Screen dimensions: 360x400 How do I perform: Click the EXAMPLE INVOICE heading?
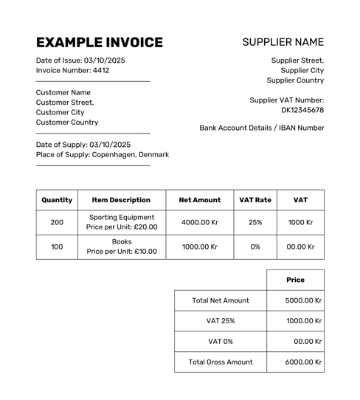100,42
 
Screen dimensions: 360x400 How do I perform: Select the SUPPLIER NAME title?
283,42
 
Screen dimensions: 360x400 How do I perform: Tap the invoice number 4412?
101,71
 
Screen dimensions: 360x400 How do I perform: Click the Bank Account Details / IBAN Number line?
261,128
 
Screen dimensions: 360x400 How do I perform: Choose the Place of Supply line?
102,155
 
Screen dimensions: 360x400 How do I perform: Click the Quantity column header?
57,200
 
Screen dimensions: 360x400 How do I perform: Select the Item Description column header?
121,200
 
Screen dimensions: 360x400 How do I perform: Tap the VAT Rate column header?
255,200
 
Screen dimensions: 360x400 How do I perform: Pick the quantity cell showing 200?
57,222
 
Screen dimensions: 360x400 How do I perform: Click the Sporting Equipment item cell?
122,222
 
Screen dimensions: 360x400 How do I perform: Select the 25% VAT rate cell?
255,222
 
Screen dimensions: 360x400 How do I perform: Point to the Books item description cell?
122,246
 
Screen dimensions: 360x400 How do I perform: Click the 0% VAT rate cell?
255,246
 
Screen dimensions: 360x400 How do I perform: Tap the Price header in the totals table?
295,280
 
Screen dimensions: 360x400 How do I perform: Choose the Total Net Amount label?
221,300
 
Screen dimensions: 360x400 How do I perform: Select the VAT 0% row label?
221,342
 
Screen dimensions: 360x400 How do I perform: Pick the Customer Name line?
63,93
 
